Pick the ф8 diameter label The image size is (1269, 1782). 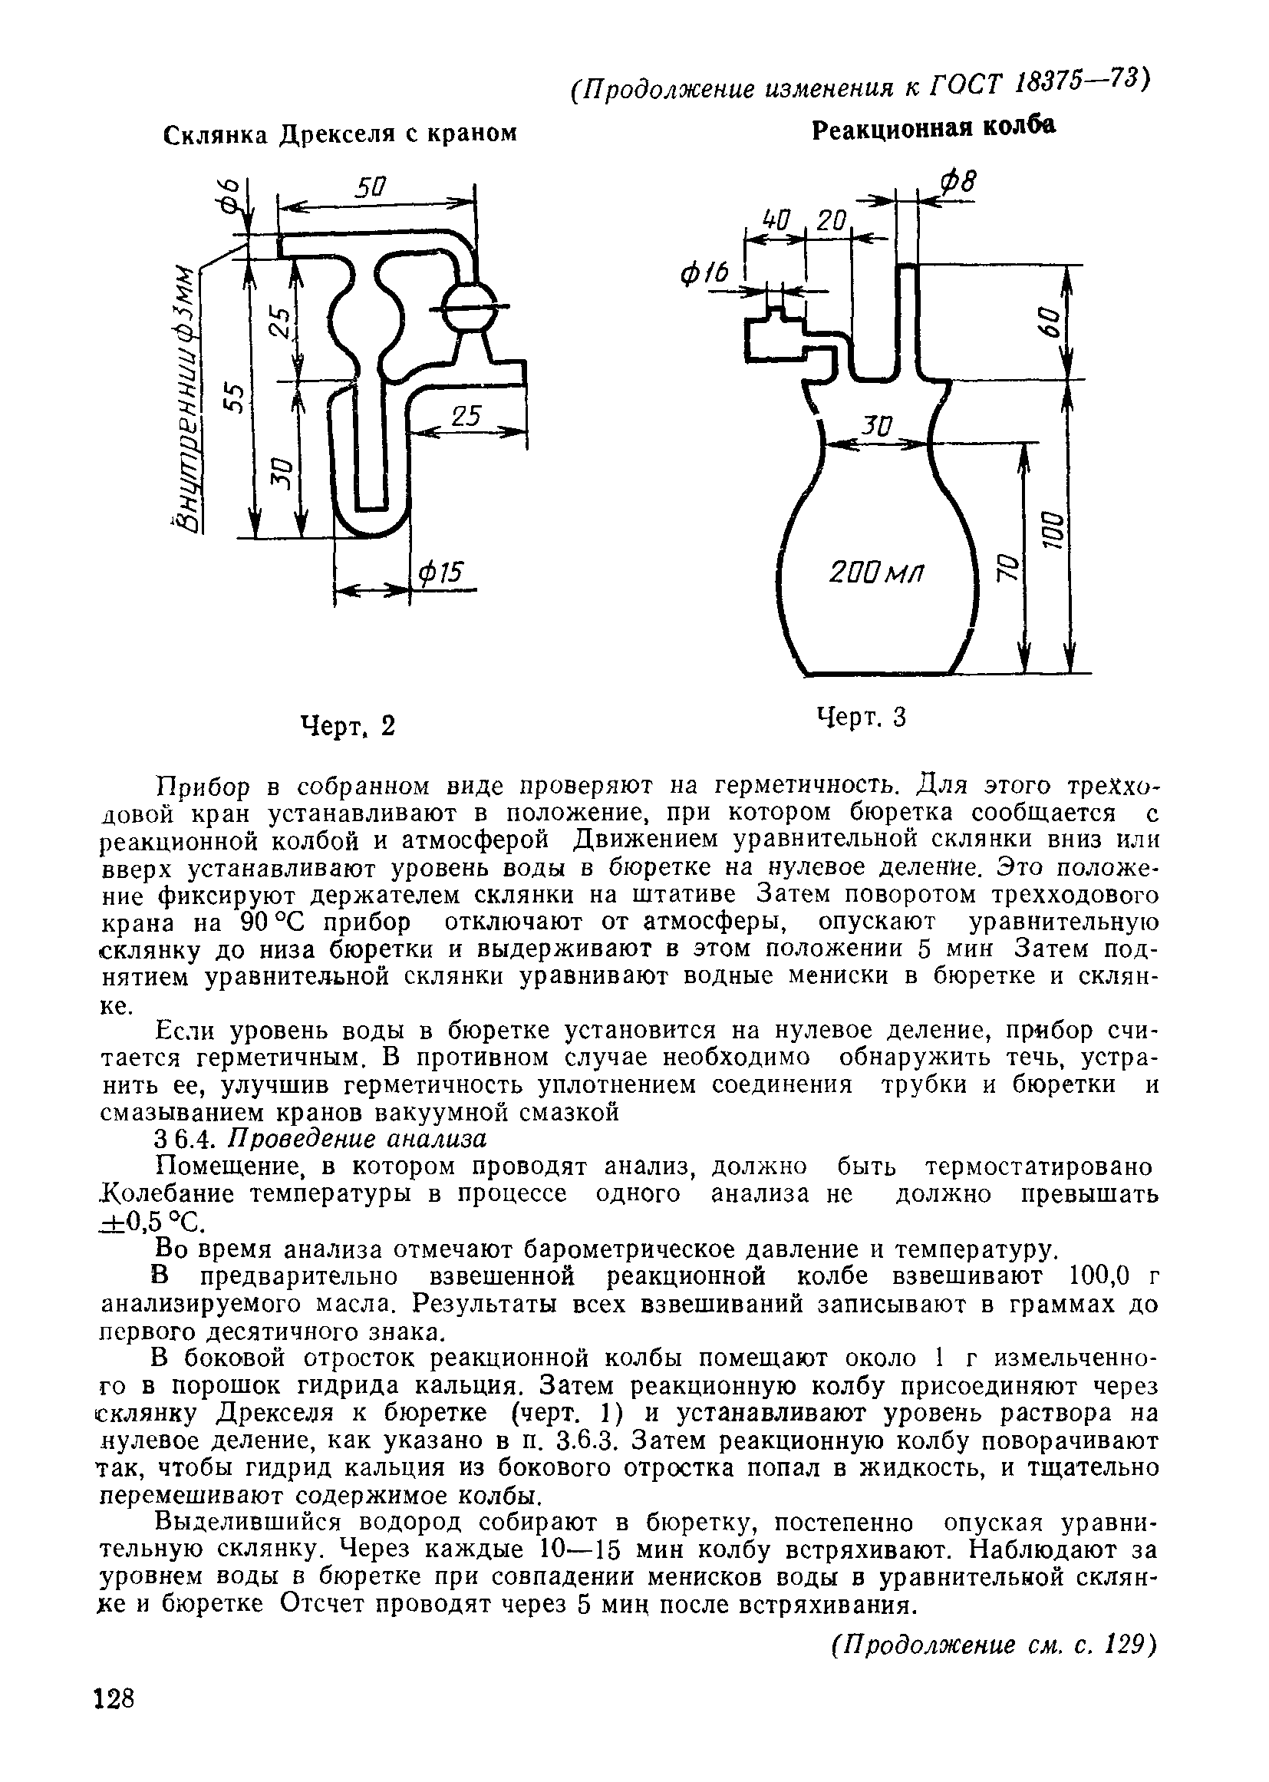tap(958, 184)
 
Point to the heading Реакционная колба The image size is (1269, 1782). tap(934, 128)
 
